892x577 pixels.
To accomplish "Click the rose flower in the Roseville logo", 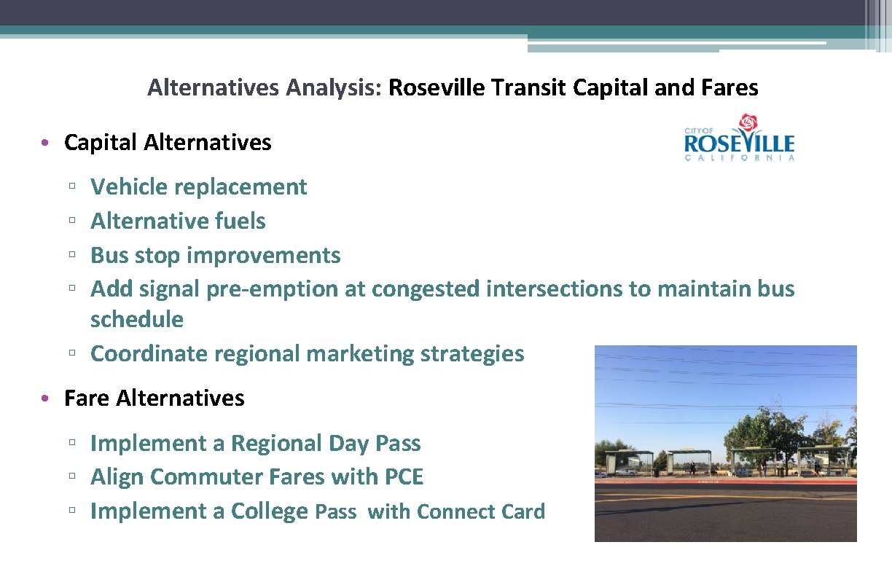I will click(748, 124).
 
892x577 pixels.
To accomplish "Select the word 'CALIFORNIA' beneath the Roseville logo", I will click(739, 157).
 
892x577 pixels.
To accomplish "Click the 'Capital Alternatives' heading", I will click(168, 142).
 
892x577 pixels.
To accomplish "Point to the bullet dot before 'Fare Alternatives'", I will click(45, 399).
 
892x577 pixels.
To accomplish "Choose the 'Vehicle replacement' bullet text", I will click(198, 187).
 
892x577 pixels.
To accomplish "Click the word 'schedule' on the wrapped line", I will click(136, 319).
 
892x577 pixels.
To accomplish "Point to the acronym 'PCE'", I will click(403, 477).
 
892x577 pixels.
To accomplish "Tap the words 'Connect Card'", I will click(481, 511).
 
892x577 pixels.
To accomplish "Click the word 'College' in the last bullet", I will click(270, 511).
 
